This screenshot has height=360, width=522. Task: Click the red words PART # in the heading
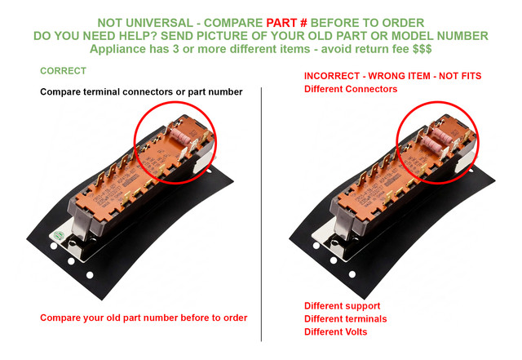tap(286, 23)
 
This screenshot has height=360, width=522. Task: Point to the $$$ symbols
tap(422, 49)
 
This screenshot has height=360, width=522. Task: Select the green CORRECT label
tap(64, 71)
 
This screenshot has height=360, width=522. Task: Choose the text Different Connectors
tap(351, 89)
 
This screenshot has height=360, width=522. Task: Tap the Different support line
tap(342, 306)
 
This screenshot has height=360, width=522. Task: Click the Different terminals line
tap(345, 319)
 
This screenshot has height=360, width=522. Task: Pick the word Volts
tap(356, 332)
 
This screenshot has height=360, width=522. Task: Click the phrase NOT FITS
tap(460, 76)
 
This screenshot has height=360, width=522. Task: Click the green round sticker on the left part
tap(59, 235)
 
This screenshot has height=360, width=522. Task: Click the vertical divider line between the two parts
tap(261, 215)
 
